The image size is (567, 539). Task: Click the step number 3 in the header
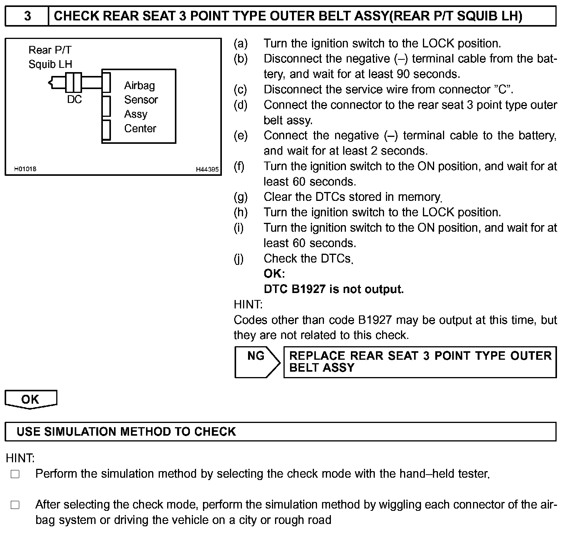click(x=27, y=16)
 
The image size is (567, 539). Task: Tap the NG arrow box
click(x=257, y=362)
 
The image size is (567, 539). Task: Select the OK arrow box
click(x=30, y=399)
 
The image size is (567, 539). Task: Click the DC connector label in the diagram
click(x=74, y=99)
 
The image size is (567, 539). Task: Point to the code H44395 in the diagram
click(x=207, y=169)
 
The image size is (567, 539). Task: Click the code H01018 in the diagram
click(x=25, y=169)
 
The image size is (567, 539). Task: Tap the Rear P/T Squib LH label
click(x=50, y=57)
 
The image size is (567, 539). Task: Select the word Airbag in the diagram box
click(x=139, y=85)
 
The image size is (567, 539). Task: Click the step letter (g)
click(x=241, y=197)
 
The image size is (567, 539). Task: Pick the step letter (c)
click(x=241, y=89)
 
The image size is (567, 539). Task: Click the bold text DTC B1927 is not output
click(x=334, y=289)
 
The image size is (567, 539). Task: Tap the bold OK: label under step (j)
click(x=274, y=274)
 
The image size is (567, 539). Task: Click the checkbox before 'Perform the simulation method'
click(x=15, y=474)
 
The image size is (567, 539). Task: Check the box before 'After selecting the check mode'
click(x=15, y=505)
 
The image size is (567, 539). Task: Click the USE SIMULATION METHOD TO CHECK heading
click(x=126, y=431)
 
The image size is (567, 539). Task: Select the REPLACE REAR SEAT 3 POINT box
click(x=420, y=362)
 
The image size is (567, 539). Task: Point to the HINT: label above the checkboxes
click(x=20, y=458)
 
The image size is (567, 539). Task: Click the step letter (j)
click(x=239, y=259)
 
